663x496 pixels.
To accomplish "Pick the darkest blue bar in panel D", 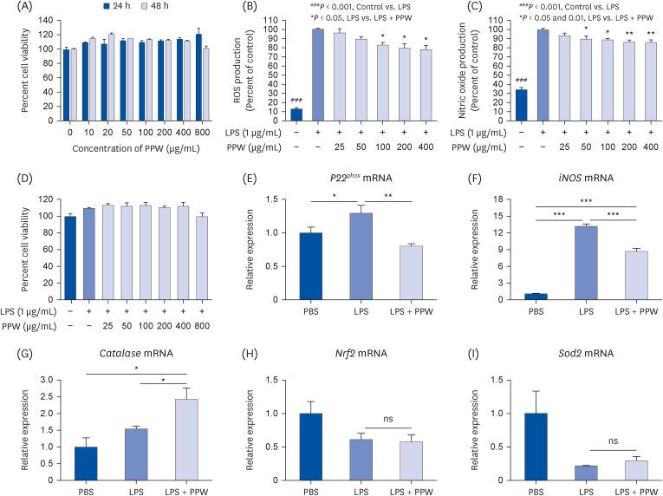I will (65, 257).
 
